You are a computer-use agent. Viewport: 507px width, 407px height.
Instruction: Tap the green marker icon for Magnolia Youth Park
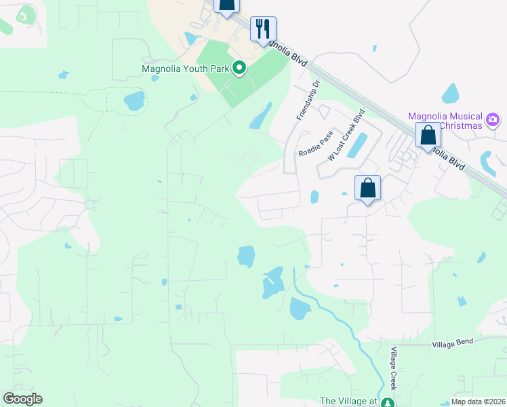click(239, 68)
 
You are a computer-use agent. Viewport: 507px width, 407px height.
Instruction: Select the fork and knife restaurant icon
click(263, 29)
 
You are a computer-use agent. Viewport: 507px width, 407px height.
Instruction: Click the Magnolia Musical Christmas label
click(445, 121)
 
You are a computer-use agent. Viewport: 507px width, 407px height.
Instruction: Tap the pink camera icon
click(493, 121)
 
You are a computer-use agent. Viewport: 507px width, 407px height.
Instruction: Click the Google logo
click(22, 399)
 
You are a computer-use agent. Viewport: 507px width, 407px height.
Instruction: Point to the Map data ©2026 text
click(478, 402)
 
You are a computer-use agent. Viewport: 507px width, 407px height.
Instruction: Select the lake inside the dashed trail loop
click(134, 101)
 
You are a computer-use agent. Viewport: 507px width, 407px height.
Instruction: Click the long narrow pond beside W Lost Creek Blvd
click(357, 145)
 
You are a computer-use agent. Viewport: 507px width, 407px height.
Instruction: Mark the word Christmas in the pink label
click(460, 126)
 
